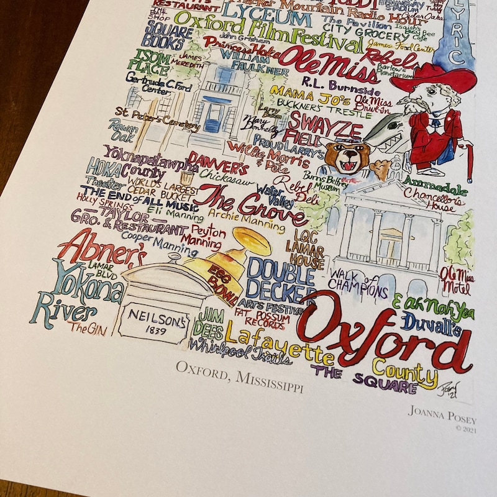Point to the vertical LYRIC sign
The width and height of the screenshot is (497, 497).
(455, 34)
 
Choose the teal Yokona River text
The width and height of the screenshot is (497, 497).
(78, 292)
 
